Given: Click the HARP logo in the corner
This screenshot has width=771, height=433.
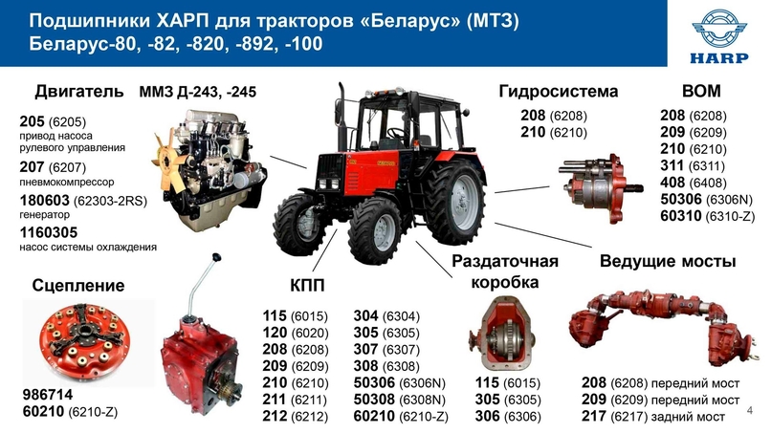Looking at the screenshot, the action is [719, 36].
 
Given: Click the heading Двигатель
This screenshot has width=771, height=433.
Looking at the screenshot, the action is [78, 92].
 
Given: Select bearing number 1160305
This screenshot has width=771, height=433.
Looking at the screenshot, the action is [49, 232].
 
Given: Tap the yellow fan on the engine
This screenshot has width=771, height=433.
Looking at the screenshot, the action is [169, 152].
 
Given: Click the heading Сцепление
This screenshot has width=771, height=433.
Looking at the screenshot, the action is [78, 285].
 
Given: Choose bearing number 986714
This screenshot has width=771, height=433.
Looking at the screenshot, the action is [48, 395].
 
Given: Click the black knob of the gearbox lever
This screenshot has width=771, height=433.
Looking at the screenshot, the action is [216, 257].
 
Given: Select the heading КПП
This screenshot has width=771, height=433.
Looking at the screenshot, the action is [307, 286].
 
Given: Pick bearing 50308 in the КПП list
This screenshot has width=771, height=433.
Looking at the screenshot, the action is [374, 400].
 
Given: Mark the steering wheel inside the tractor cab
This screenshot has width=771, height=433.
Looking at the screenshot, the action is [396, 132].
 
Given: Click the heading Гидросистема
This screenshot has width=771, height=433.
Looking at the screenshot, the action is [558, 92].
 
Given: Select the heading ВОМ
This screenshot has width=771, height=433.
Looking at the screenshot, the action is [701, 91].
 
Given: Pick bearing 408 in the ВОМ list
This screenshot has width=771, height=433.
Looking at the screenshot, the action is [672, 183].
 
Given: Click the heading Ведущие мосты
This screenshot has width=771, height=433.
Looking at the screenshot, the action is [668, 261].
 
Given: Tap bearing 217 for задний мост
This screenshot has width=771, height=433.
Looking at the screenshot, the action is [593, 416].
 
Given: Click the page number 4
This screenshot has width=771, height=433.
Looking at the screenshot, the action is [750, 410].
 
